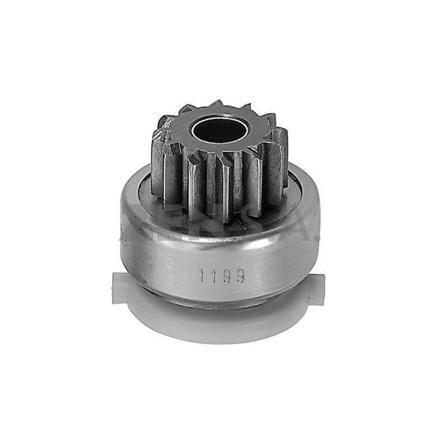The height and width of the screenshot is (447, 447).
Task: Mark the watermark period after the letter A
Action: [x=316, y=239]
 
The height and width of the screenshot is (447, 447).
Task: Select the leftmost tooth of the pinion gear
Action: [x=158, y=162]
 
